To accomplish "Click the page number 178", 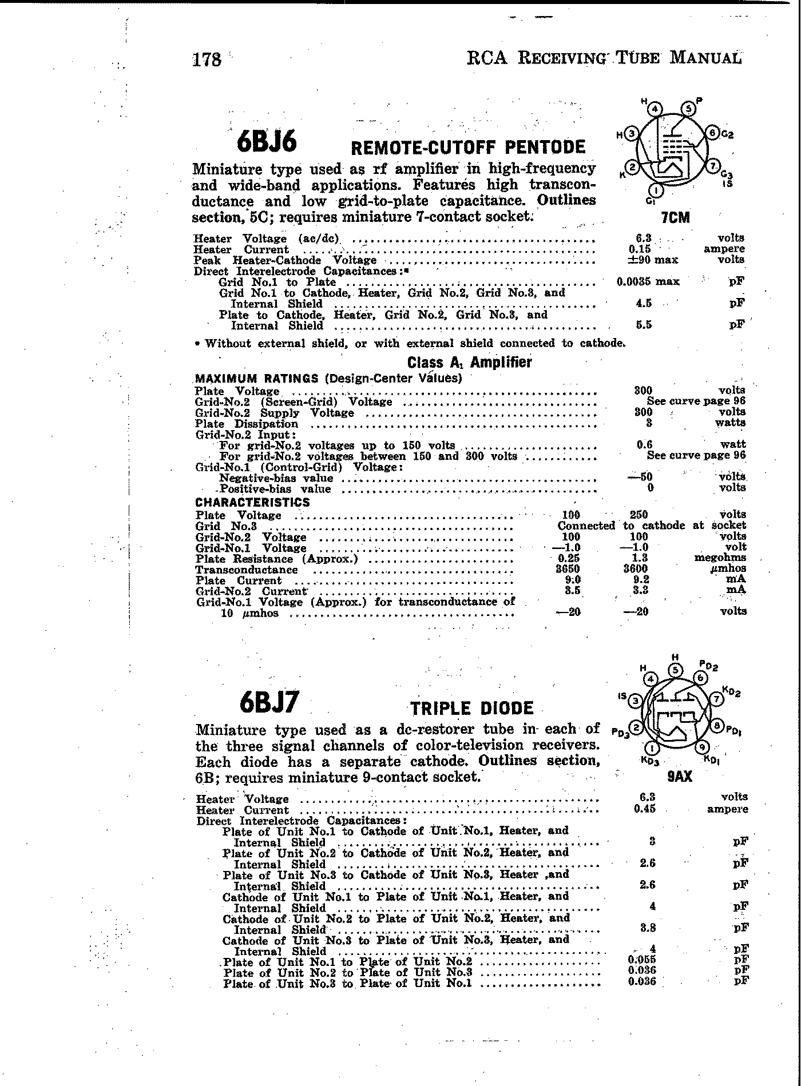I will tap(207, 59).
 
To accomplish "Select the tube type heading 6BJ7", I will tap(269, 703).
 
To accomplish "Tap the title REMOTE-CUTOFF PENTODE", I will tap(467, 148).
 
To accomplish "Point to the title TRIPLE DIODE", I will tap(472, 709).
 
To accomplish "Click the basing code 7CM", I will tap(675, 217).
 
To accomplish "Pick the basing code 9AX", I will tap(680, 776).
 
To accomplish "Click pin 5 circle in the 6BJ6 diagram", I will tap(688, 109).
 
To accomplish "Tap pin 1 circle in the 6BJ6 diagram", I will tap(656, 190).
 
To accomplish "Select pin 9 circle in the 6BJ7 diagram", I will tap(703, 747).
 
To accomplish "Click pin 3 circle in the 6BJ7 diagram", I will tap(636, 701).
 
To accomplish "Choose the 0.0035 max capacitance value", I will tap(647, 282).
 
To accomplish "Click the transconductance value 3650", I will tap(568, 569).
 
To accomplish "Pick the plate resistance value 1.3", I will tap(640, 558).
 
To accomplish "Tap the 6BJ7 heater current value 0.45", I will tap(644, 809).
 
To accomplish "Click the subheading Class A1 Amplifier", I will tap(469, 363).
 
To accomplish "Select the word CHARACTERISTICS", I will tap(252, 503).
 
